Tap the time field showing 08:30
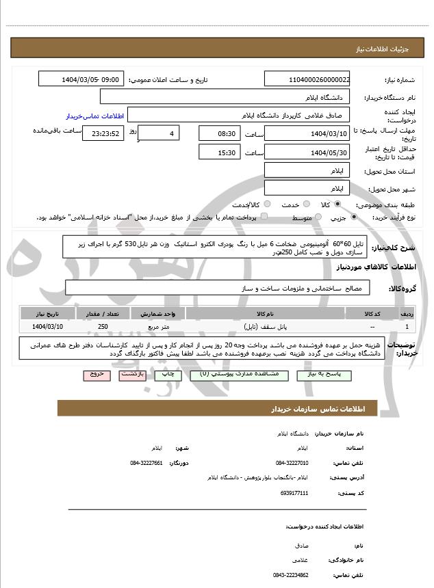pos(220,133)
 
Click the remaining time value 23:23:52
pos(103,133)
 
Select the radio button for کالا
pos(337,204)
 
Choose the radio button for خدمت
pos(305,204)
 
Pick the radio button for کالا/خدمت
pos(267,204)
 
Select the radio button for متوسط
pos(318,217)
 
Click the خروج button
pos(96,375)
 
